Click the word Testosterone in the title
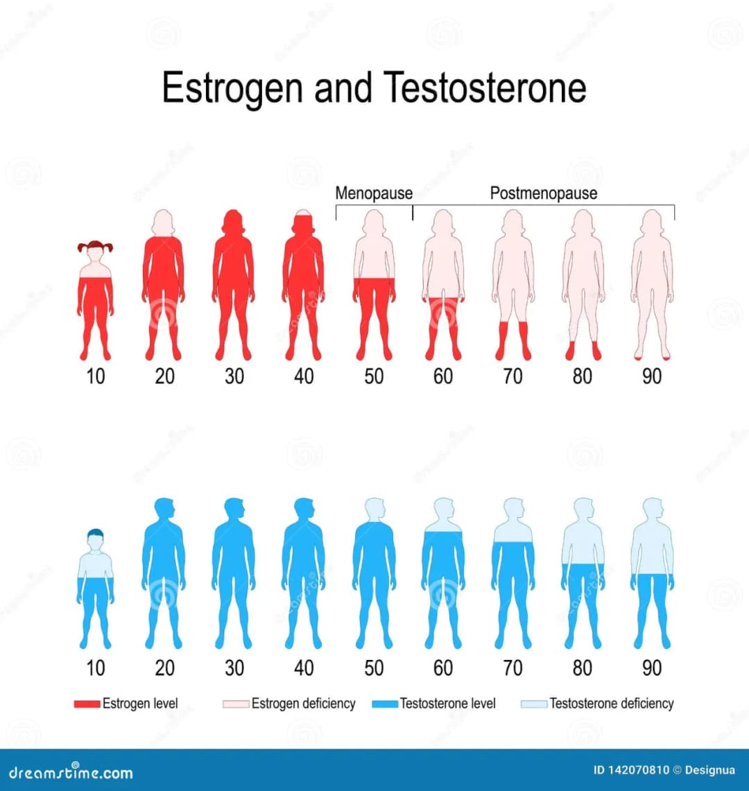coord(485,87)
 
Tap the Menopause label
coord(374,193)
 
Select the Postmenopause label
coord(544,193)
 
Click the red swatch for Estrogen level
coord(87,704)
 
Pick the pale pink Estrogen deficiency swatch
coord(236,704)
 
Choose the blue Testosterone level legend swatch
coord(385,704)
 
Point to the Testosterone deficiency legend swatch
coord(534,704)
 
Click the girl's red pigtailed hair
coord(96,245)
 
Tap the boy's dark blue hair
coord(96,534)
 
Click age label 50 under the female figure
coord(374,376)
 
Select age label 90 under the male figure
coord(652,668)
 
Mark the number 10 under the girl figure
coord(96,376)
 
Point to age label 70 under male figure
coord(513,668)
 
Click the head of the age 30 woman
coord(234,222)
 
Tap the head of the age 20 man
coord(164,509)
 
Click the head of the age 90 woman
coord(652,222)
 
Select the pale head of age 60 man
coord(443,509)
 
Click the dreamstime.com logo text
coord(71,772)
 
